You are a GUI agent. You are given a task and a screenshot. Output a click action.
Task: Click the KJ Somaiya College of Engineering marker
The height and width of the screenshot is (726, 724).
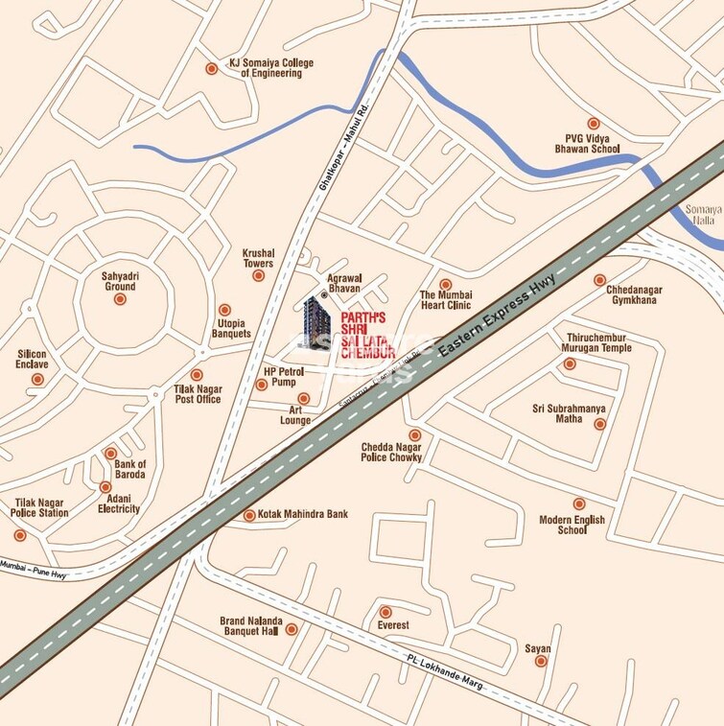[x=211, y=68]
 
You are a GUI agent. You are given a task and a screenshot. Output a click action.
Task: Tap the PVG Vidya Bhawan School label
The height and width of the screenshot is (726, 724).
[x=593, y=144]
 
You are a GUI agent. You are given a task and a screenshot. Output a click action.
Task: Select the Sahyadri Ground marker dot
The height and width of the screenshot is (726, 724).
[x=120, y=299]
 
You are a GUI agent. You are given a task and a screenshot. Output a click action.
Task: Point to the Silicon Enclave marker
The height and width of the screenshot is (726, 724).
[x=37, y=379]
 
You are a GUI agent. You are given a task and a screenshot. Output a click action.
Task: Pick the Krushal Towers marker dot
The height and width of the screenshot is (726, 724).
[x=258, y=275]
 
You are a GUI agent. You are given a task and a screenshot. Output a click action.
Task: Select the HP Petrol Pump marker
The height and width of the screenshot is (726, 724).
[x=262, y=385]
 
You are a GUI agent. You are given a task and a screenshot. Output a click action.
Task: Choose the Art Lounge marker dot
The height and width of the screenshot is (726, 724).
[x=304, y=398]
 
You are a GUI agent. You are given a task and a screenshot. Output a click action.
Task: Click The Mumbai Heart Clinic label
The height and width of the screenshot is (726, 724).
[x=446, y=300]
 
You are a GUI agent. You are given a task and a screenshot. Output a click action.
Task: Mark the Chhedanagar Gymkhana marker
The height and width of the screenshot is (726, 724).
[x=599, y=280]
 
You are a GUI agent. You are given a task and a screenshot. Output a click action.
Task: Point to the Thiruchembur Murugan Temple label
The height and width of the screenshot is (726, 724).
[x=596, y=342]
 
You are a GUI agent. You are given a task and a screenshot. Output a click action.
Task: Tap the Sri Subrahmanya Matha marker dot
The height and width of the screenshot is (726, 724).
[x=599, y=424]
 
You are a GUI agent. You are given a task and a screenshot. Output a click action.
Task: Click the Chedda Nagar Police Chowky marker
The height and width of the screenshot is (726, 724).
[x=415, y=434]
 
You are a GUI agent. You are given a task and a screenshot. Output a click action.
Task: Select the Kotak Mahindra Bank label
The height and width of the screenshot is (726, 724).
[x=303, y=515]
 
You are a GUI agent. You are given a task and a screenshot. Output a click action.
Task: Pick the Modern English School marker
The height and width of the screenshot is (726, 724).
[x=579, y=504]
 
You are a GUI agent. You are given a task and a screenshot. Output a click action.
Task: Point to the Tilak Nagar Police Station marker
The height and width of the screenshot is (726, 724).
[x=20, y=534]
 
